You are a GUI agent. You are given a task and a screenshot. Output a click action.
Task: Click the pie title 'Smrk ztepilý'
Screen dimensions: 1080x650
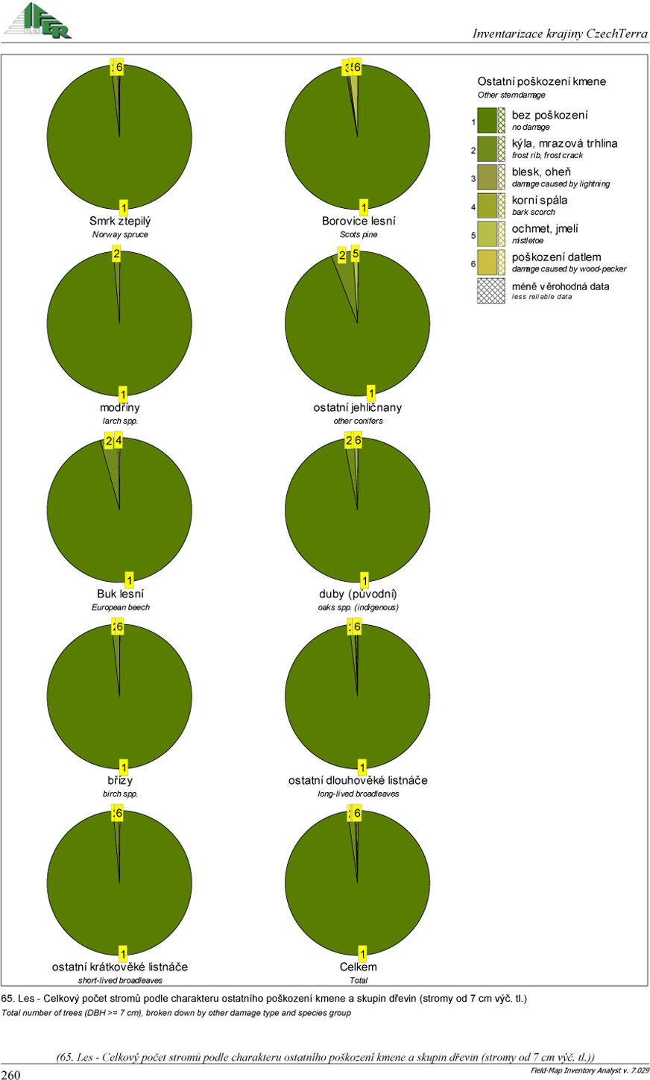pos(120,222)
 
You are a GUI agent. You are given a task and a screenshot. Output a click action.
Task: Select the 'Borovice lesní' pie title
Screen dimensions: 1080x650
pos(359,222)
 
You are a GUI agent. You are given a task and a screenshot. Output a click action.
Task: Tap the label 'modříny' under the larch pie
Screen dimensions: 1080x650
pos(120,408)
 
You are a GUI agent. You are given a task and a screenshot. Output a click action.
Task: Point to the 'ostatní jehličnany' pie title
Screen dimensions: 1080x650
pos(358,408)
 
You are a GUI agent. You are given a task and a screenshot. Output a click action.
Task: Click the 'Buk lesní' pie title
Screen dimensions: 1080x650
pos(120,594)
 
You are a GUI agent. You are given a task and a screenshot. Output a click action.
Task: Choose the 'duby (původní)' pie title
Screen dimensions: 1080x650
pos(358,594)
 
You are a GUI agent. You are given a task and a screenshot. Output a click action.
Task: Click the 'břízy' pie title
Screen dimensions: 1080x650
pos(120,781)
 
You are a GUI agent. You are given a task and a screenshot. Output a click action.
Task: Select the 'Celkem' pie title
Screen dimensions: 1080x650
pos(358,967)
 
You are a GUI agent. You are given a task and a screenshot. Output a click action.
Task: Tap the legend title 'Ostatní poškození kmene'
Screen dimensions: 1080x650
pos(542,82)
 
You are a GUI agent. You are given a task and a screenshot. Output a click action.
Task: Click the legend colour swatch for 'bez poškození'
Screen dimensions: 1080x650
pos(487,120)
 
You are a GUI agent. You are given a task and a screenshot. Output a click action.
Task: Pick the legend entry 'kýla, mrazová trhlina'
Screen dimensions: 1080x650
pos(564,144)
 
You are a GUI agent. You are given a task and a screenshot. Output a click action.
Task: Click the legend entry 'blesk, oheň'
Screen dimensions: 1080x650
pos(541,172)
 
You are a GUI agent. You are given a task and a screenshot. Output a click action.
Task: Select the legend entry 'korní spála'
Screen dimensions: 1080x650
pos(539,201)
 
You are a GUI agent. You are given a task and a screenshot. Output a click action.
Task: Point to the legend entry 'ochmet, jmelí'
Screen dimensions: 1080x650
pos(544,229)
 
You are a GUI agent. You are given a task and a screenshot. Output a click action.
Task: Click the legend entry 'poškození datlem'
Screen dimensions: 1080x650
pos(556,257)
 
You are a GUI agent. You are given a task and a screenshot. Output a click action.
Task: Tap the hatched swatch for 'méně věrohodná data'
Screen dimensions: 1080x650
pos(491,290)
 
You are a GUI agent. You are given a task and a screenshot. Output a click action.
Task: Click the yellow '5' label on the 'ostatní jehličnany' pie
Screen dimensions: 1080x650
pos(356,254)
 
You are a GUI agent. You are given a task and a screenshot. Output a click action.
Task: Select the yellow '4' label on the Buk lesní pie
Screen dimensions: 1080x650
pos(118,441)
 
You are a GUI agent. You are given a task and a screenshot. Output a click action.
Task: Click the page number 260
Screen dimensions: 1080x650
pos(11,1074)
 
